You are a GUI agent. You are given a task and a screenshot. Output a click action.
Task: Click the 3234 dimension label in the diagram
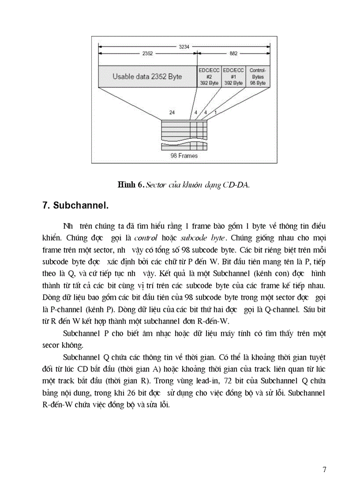pyautogui.click(x=185, y=46)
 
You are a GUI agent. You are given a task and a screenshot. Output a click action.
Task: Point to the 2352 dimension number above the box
pyautogui.click(x=147, y=54)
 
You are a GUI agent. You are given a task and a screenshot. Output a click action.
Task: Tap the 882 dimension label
pyautogui.click(x=233, y=54)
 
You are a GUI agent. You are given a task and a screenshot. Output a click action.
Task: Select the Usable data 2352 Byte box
pyautogui.click(x=147, y=76)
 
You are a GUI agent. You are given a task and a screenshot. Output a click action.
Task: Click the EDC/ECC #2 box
pyautogui.click(x=209, y=76)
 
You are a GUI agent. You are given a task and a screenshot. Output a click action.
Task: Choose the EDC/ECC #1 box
pyautogui.click(x=233, y=76)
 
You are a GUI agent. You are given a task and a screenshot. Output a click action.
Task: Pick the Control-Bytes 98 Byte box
pyautogui.click(x=258, y=76)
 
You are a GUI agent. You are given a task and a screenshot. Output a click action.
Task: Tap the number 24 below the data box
pyautogui.click(x=172, y=113)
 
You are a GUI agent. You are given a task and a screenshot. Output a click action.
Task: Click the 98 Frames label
pyautogui.click(x=184, y=156)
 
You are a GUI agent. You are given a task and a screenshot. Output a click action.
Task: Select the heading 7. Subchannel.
pyautogui.click(x=75, y=205)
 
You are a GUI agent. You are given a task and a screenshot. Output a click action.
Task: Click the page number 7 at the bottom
pyautogui.click(x=324, y=470)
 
